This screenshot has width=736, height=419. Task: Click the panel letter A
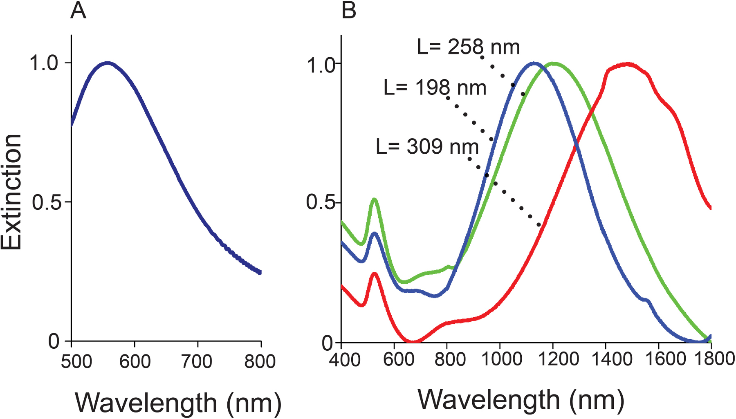click(78, 11)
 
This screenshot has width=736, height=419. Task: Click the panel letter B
click(349, 11)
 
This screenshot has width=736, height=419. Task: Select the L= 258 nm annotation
click(468, 47)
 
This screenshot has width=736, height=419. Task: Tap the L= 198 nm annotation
click(435, 88)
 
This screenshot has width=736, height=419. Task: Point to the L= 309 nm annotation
click(427, 146)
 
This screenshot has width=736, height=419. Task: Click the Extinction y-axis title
click(11, 192)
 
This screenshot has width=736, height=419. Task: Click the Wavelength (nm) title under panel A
click(178, 403)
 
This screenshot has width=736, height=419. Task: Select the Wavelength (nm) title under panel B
click(521, 400)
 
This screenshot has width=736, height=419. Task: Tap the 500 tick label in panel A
click(76, 362)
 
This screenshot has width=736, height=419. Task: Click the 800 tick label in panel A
click(260, 362)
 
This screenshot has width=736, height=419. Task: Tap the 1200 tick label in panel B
click(554, 359)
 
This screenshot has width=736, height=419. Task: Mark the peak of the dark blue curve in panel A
click(107, 63)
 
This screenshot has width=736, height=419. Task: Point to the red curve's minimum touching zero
click(414, 341)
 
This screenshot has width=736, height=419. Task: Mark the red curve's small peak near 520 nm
click(374, 273)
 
